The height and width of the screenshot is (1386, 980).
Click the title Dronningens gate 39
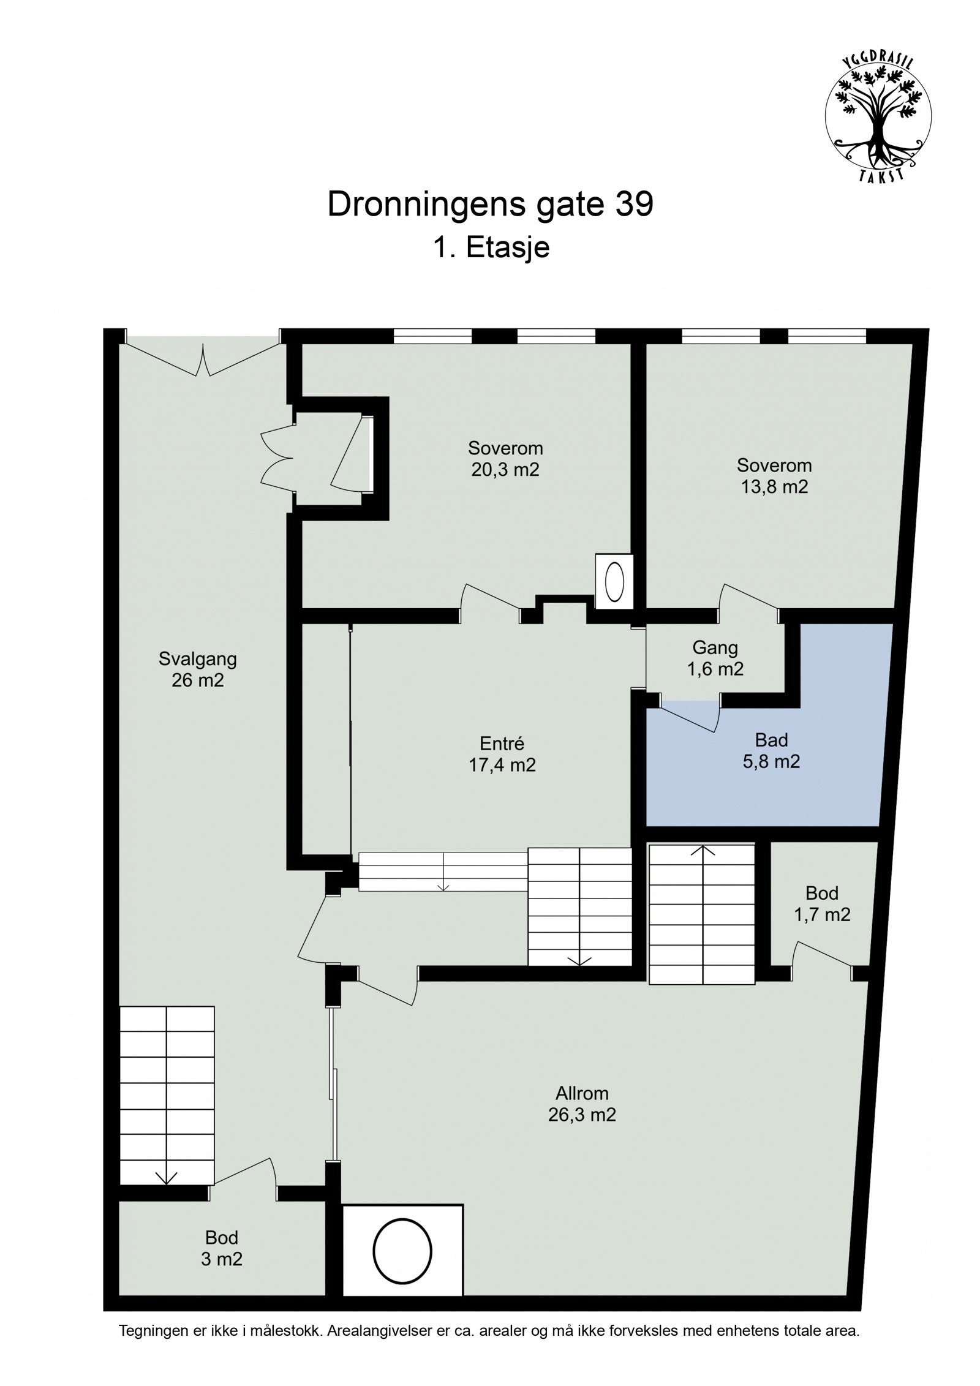pos(490,205)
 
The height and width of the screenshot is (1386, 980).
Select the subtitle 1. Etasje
pos(491,249)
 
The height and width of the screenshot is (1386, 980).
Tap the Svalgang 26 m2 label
pos(197,669)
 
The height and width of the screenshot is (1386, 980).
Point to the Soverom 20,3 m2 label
pos(505,458)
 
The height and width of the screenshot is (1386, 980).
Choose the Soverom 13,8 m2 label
pos(774,475)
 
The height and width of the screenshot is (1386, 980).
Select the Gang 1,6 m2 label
pos(715,658)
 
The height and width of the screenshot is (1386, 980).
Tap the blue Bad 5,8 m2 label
pos(771,750)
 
